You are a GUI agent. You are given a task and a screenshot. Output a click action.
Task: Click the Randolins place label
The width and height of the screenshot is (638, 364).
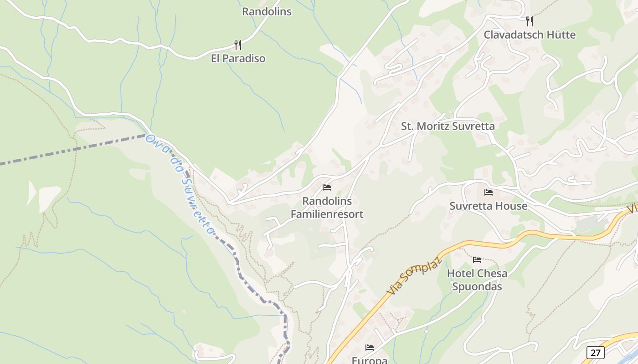point(267,11)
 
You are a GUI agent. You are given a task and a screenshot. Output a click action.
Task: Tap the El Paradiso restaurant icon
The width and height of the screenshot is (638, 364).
point(237,45)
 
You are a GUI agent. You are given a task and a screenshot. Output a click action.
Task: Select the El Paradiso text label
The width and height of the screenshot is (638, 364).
point(238,58)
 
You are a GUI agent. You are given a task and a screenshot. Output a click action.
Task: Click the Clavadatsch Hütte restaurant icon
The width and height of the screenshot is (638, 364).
point(529,21)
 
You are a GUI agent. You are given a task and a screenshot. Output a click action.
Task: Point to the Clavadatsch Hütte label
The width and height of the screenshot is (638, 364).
point(530,35)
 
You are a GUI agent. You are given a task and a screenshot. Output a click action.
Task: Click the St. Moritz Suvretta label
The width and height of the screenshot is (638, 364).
point(448,126)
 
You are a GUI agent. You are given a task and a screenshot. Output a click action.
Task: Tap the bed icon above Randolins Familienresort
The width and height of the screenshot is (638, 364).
point(326,187)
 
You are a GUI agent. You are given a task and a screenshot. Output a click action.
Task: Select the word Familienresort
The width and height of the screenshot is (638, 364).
point(327,214)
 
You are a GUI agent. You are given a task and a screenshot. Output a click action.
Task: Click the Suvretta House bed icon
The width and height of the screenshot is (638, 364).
point(489,192)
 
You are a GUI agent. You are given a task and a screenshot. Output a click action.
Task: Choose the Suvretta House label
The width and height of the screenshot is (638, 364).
point(489,206)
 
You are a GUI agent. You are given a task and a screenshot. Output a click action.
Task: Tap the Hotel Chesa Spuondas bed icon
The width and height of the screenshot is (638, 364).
point(477,260)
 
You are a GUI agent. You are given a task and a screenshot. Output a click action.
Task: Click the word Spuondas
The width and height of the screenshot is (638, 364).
point(477,287)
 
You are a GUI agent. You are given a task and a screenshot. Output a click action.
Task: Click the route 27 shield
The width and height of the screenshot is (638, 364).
point(595,352)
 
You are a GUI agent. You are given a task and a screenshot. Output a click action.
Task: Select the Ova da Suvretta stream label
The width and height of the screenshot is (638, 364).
point(180,184)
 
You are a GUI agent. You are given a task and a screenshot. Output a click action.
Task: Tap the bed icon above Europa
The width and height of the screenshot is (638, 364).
point(370,348)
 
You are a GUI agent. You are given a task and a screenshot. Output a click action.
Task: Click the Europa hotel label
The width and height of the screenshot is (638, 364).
point(370,360)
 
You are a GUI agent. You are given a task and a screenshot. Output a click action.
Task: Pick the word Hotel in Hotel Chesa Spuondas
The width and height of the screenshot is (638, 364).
point(460,273)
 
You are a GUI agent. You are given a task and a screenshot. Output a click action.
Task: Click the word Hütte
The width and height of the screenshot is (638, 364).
point(561,35)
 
